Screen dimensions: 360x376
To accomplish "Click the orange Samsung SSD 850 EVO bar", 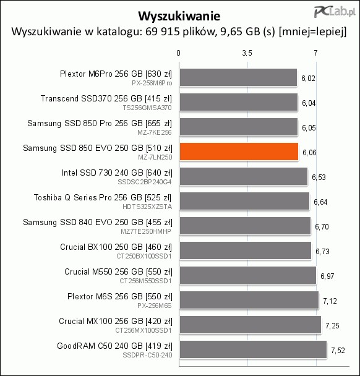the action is [x=239, y=152].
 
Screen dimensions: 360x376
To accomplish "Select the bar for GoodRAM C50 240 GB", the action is [x=253, y=349].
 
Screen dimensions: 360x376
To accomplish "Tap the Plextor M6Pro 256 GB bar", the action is [x=238, y=77].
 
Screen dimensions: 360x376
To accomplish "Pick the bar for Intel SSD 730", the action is [x=244, y=176].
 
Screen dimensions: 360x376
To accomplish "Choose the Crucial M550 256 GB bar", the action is [x=248, y=275].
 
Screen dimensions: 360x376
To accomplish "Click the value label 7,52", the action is [x=338, y=351].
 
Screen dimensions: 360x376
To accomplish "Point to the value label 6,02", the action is [x=308, y=79].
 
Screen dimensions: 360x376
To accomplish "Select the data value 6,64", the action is [x=320, y=202].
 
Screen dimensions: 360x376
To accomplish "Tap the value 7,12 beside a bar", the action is [x=330, y=301].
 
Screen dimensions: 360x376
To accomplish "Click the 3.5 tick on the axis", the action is [x=247, y=53].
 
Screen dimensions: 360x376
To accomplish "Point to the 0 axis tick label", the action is [x=178, y=53].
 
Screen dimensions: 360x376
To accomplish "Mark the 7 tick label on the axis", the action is [x=315, y=53].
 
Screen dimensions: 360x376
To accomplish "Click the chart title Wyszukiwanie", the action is [x=179, y=16].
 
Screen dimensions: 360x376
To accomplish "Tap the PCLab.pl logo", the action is [x=335, y=12].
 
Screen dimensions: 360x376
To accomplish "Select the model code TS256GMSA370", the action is [x=147, y=108].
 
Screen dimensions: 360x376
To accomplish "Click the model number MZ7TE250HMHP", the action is [x=146, y=231].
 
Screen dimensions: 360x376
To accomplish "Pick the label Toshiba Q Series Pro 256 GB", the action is [x=88, y=197].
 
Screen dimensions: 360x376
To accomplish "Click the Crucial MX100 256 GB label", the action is [x=101, y=321].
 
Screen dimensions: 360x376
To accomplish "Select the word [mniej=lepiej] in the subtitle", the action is [x=313, y=32].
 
